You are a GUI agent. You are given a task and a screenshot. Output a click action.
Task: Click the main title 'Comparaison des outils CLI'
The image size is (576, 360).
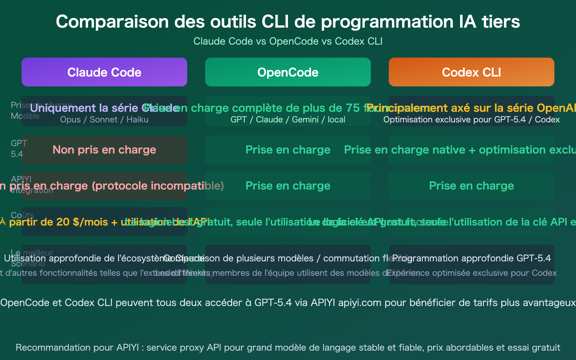(x=288, y=22)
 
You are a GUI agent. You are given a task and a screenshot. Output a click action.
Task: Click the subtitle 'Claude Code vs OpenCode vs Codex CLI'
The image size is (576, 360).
(x=288, y=41)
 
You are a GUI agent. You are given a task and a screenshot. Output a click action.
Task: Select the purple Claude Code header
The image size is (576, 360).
(x=104, y=72)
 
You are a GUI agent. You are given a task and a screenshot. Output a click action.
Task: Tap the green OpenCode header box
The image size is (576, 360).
(x=288, y=72)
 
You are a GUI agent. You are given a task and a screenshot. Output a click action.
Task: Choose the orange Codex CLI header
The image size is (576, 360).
(x=471, y=72)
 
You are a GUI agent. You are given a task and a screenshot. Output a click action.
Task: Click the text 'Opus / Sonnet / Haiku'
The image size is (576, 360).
(x=104, y=120)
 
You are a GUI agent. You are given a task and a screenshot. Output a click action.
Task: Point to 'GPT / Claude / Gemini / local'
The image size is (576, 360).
(x=288, y=120)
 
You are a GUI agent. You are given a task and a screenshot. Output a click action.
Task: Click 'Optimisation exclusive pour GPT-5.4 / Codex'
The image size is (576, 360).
(x=471, y=120)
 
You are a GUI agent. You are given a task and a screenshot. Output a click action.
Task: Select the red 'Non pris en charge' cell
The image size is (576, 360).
(x=104, y=150)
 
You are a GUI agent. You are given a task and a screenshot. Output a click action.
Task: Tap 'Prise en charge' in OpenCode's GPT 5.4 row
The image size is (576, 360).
(x=288, y=150)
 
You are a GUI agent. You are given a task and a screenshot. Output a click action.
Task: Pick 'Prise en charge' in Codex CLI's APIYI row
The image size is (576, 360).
(x=471, y=186)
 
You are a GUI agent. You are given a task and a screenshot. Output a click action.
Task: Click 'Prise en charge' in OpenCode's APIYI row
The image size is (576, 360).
(x=288, y=186)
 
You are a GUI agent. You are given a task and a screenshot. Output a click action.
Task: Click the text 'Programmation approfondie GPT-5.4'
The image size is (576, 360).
(x=472, y=258)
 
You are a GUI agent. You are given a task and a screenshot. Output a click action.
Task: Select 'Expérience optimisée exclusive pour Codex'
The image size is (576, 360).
(x=472, y=273)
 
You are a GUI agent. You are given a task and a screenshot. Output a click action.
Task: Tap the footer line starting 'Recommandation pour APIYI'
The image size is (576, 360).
(x=288, y=347)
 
